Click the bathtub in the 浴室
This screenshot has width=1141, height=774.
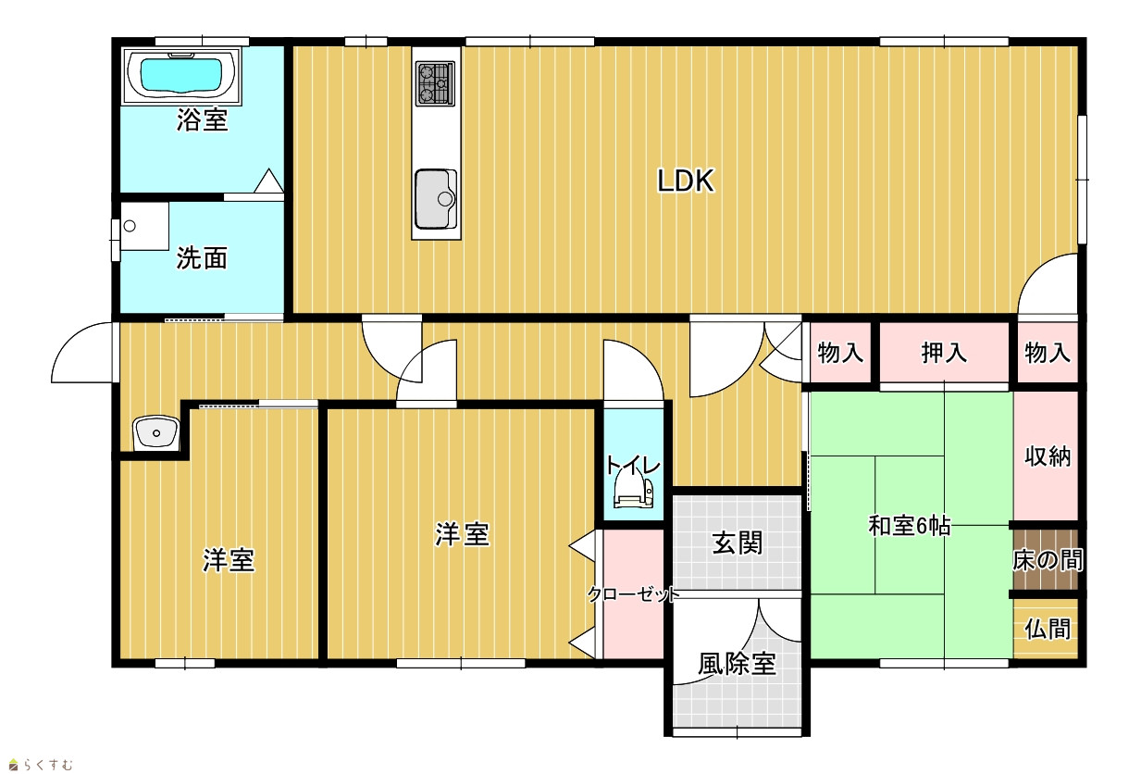coord(181,76)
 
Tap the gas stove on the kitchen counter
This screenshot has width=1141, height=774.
coord(435,83)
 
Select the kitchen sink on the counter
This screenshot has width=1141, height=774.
coord(436,199)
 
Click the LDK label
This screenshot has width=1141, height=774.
coord(686,181)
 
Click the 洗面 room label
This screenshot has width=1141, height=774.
coord(202,258)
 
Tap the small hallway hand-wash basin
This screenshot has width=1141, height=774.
coord(155,433)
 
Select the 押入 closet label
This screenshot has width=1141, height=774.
coord(944,353)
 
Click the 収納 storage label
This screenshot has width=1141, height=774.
coord(1048,456)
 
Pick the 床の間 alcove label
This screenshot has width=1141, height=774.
coord(1048,560)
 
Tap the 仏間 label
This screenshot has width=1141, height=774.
coord(1048,630)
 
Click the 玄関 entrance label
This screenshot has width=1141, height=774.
coord(737,543)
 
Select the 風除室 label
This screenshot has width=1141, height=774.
coord(737,664)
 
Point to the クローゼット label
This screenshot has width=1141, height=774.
coord(634,594)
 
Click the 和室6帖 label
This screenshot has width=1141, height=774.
coord(910,525)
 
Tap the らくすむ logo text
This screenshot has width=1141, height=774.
coord(48,765)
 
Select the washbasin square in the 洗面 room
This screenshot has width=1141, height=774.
coord(144,226)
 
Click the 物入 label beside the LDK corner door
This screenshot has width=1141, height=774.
coord(1048,353)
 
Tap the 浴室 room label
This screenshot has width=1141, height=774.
coord(203,119)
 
